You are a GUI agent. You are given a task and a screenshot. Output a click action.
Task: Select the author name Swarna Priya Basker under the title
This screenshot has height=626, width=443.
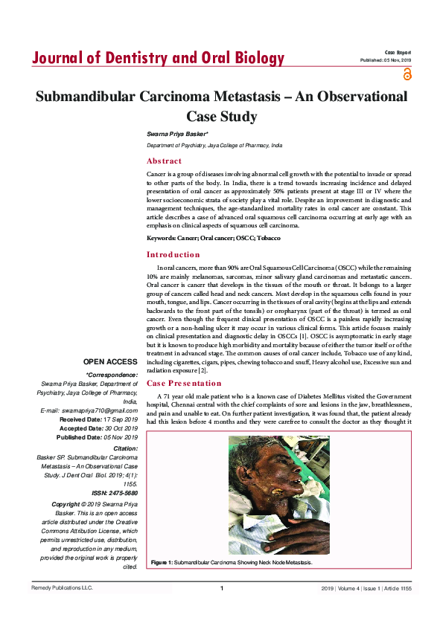coord(176,133)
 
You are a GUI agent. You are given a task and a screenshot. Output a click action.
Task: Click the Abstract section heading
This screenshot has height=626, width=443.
coord(164,161)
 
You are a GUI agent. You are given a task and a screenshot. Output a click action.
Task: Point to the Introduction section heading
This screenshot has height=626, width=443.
coord(173,255)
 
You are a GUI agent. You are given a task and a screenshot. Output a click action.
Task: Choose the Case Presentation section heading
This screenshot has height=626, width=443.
coord(183,383)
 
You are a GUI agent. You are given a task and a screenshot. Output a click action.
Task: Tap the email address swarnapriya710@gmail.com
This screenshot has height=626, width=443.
coord(89,410)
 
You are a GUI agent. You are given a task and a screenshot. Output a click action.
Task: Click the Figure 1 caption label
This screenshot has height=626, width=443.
coord(162,563)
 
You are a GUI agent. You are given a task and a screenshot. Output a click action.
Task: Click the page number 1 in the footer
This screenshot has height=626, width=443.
coord(222,589)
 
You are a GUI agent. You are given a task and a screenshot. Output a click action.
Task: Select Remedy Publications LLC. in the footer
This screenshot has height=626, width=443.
coord(62,589)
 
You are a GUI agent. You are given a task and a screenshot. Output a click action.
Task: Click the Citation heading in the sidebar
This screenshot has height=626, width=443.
coord(124,448)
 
